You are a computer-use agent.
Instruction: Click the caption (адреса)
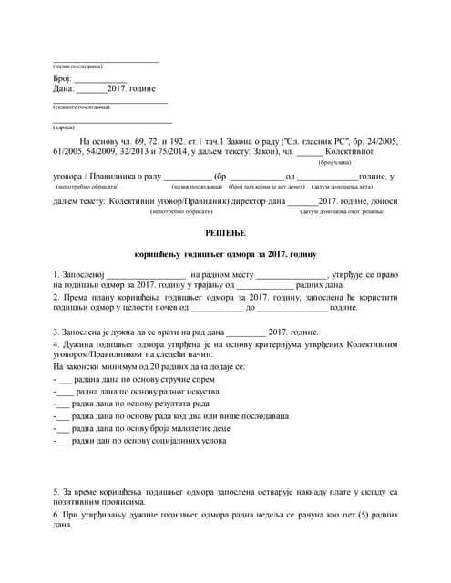pos(64,127)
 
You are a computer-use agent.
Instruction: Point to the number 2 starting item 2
pos(56,297)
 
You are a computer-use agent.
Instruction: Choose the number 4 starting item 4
pos(56,344)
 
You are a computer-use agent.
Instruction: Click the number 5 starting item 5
pos(56,492)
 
